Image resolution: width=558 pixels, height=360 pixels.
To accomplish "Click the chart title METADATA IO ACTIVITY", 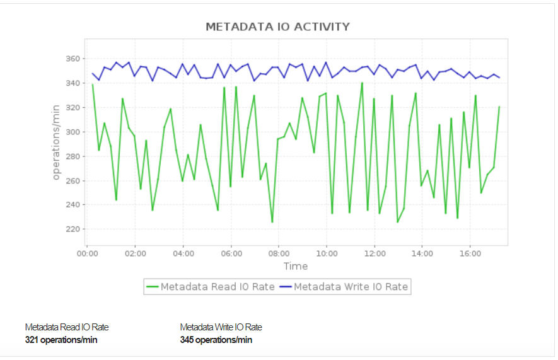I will pyautogui.click(x=277, y=26).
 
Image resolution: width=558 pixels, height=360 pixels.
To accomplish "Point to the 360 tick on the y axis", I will pyautogui.click(x=73, y=59).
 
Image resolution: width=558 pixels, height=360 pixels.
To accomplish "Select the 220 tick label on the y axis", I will pyautogui.click(x=73, y=229).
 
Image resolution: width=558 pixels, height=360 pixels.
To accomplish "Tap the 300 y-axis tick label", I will pyautogui.click(x=73, y=132).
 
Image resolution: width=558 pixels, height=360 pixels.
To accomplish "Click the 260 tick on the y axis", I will pyautogui.click(x=73, y=181).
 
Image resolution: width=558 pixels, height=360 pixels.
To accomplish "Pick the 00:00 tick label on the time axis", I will pyautogui.click(x=87, y=253).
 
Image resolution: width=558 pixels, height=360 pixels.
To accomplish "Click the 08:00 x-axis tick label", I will pyautogui.click(x=279, y=253).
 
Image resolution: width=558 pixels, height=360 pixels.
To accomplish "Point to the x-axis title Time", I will pyautogui.click(x=296, y=267).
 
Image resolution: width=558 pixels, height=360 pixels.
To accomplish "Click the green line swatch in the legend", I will pyautogui.click(x=152, y=287).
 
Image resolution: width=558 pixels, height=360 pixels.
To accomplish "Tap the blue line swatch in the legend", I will pyautogui.click(x=285, y=287).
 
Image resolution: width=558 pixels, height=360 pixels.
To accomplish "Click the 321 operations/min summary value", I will pyautogui.click(x=61, y=340).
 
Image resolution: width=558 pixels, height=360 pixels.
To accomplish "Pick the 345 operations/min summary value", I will pyautogui.click(x=216, y=340).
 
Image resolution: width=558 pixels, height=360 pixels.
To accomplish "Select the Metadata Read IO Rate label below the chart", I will pyautogui.click(x=67, y=327).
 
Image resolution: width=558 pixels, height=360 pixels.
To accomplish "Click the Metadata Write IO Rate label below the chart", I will pyautogui.click(x=221, y=327).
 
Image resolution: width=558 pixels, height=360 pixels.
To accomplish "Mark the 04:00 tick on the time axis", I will pyautogui.click(x=183, y=253).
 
